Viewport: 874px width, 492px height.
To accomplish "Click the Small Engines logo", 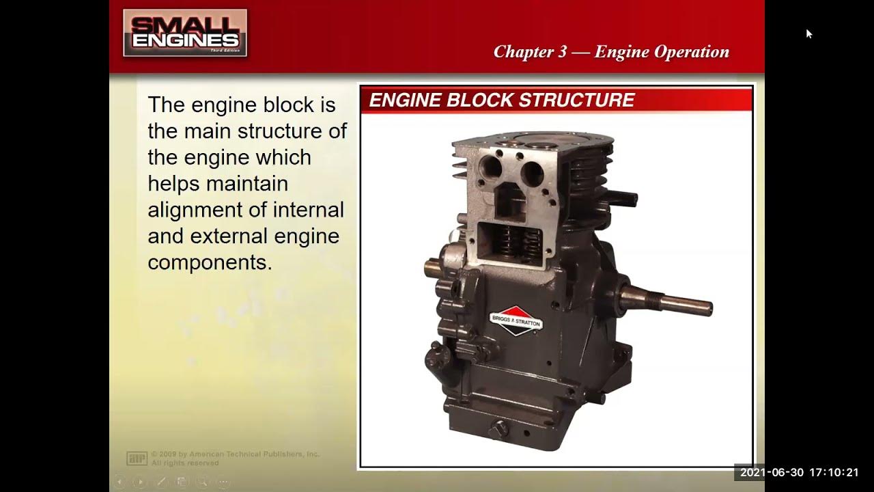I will click(185, 33).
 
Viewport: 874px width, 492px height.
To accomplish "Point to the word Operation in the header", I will click(691, 52).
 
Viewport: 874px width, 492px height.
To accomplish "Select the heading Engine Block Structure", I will click(502, 100).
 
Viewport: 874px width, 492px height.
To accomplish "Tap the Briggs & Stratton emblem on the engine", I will click(516, 318).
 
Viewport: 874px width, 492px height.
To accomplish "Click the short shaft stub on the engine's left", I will click(436, 266).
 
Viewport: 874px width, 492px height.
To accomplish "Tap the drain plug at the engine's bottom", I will click(499, 429).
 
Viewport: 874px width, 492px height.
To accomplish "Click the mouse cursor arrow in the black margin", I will click(809, 33).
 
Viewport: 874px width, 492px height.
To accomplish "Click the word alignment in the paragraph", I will click(193, 210).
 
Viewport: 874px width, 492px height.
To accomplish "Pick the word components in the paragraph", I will click(210, 262).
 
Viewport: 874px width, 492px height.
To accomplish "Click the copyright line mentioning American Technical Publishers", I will click(236, 454).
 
